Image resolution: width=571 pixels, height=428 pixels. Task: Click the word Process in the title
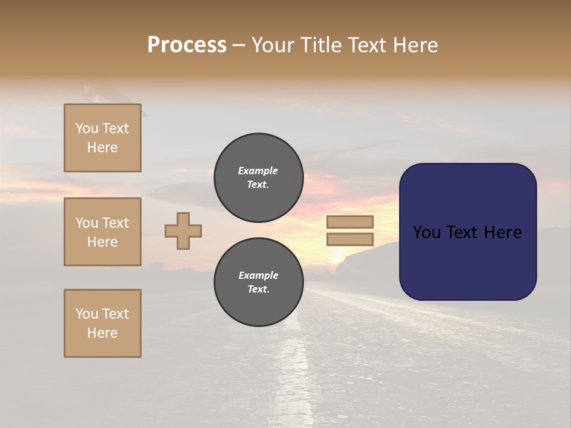point(187,45)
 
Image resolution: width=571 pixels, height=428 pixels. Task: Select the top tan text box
point(102,138)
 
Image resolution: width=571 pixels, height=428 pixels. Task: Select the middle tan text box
point(102,232)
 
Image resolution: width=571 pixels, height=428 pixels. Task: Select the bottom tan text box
point(102,323)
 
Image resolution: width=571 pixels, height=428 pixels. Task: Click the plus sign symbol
point(183,231)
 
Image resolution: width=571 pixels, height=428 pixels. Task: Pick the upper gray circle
point(259,178)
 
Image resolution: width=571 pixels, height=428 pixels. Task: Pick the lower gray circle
point(259,282)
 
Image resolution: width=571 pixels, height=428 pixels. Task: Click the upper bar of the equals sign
point(350,222)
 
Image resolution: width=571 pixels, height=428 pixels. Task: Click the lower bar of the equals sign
point(350,239)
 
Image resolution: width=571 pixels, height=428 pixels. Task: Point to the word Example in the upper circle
point(258,171)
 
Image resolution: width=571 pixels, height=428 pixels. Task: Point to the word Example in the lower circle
point(258,275)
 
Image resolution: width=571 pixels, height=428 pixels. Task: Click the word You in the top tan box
point(87,128)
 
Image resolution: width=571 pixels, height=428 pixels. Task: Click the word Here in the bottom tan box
point(102,333)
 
